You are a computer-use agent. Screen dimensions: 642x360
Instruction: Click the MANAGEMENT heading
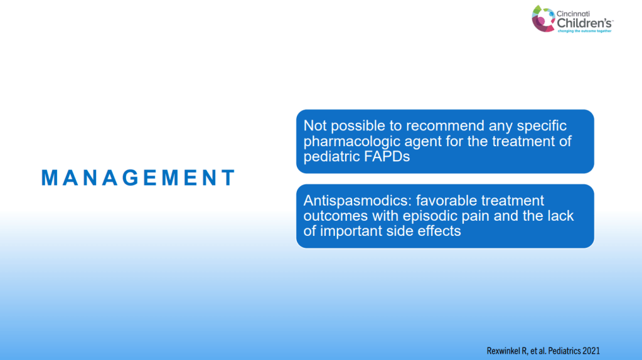138,178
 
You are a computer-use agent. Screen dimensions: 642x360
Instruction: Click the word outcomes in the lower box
336,216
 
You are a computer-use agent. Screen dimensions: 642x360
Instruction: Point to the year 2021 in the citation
591,351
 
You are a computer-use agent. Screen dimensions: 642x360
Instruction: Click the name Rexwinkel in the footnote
503,351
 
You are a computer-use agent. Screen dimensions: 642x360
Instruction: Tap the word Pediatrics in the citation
564,351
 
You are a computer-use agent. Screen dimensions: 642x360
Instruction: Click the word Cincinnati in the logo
573,14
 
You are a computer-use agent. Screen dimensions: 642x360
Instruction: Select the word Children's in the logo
585,23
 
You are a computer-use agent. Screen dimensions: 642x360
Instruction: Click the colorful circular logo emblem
543,19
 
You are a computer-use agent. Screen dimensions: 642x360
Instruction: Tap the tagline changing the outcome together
585,31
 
